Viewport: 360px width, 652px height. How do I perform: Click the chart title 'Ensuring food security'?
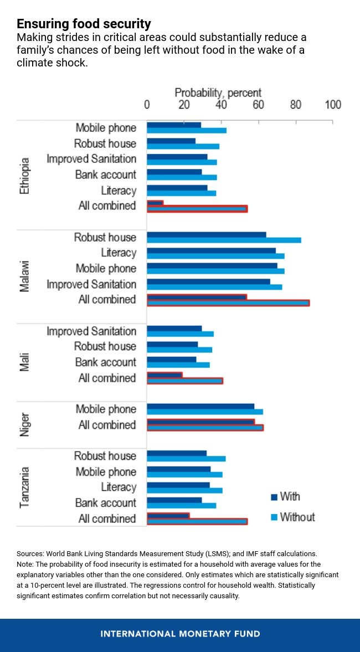point(84,24)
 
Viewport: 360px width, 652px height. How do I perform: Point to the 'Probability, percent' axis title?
point(218,93)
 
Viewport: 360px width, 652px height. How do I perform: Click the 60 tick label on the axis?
point(258,105)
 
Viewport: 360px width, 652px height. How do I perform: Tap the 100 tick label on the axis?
point(332,105)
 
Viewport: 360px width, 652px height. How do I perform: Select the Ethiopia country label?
point(24,175)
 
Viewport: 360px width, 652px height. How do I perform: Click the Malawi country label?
point(24,276)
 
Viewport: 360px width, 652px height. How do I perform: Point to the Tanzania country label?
point(24,487)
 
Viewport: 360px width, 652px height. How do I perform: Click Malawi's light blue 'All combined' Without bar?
point(228,303)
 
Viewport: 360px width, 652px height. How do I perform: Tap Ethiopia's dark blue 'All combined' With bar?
point(155,203)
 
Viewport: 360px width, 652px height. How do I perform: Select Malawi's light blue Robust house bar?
point(224,240)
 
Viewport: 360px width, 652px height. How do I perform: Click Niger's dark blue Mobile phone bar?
point(200,406)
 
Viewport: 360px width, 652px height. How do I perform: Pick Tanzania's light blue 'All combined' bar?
point(197,521)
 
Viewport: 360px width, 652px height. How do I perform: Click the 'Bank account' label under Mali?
point(105,362)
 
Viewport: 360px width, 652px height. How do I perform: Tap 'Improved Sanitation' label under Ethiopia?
point(91,159)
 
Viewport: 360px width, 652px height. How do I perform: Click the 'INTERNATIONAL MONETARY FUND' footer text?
point(180,634)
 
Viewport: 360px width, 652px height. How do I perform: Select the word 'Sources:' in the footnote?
point(30,553)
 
